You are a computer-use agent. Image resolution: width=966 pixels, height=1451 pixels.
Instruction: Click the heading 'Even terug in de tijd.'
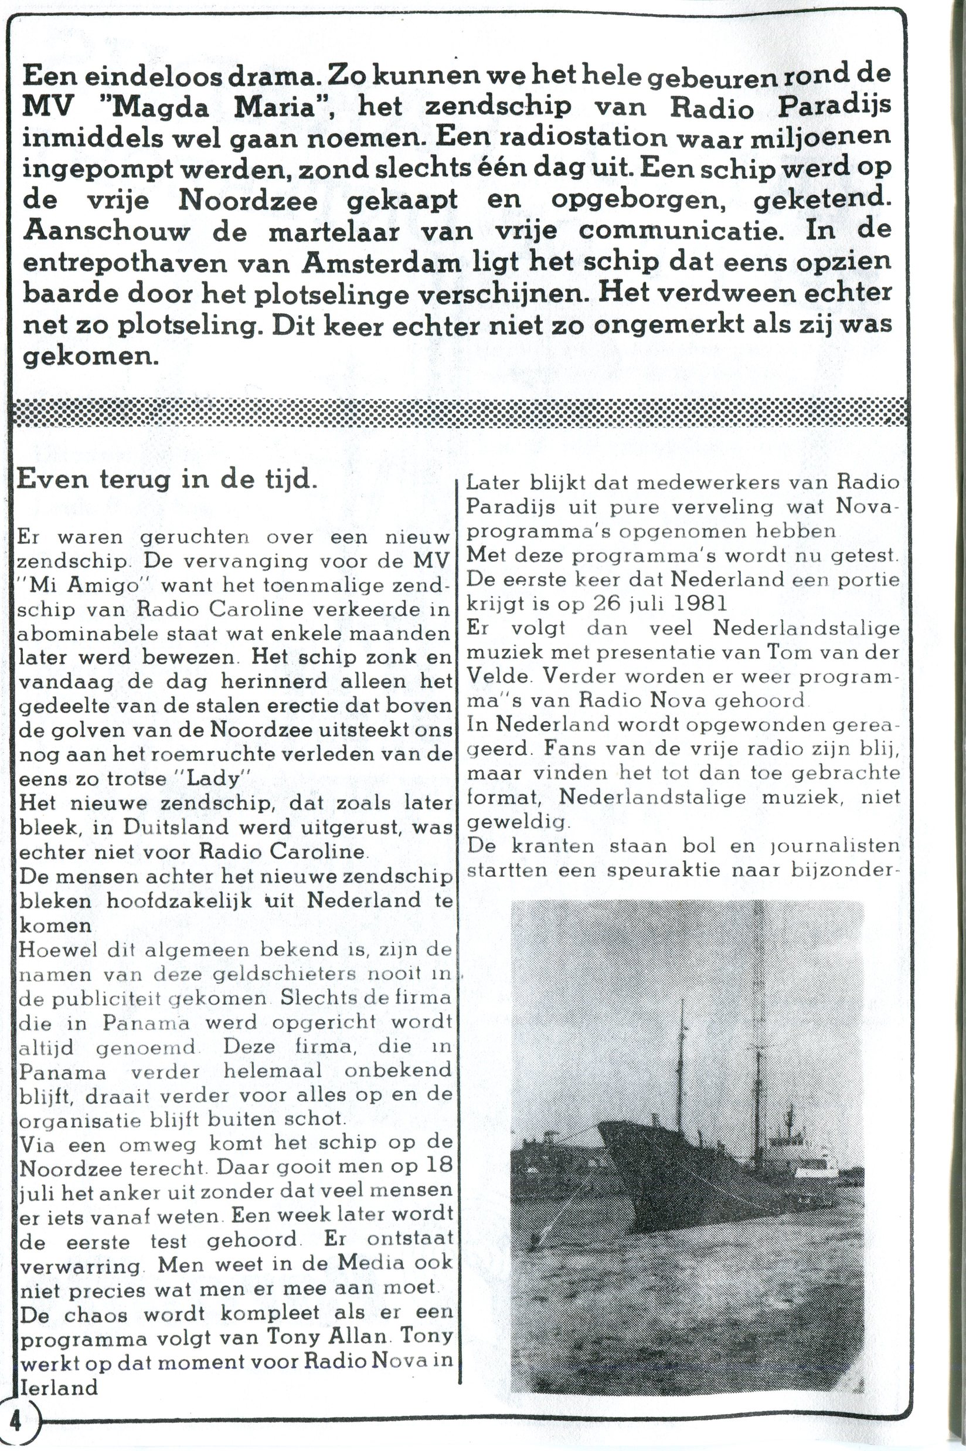(166, 480)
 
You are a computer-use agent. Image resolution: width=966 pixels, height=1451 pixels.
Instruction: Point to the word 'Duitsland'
(179, 826)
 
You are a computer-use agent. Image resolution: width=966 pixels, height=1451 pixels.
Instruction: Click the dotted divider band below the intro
(459, 412)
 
